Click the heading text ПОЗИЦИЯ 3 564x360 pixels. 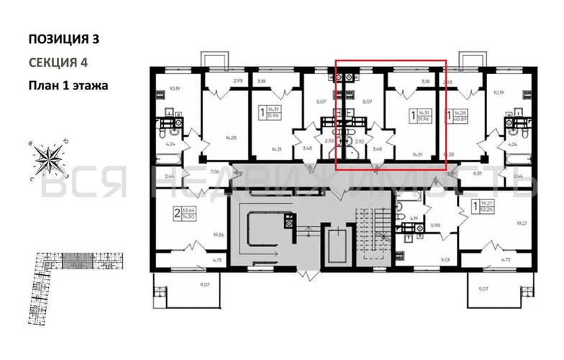tap(63, 39)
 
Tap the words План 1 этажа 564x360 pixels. tap(68, 85)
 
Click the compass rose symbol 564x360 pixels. tap(48, 159)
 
